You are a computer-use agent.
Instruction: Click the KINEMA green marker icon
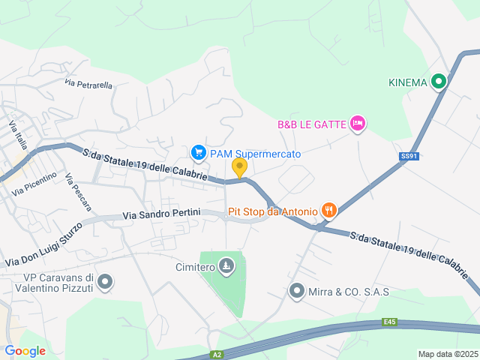coord(439,82)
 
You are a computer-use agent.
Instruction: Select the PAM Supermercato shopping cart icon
coord(199,153)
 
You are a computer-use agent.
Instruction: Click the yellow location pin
coord(239,168)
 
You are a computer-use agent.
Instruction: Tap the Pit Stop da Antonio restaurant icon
coord(328,211)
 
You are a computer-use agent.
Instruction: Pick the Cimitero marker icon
coord(226,266)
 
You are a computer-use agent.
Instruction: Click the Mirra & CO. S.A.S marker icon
coord(298,291)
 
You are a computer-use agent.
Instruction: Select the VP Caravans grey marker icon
coord(106,282)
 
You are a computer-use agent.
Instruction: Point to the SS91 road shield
coord(407,156)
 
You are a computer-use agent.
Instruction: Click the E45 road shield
coord(388,322)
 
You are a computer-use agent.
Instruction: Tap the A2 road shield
coord(217,354)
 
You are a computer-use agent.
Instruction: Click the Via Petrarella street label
coord(88,85)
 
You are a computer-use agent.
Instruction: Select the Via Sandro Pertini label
coord(161,214)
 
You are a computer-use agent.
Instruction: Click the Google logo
coord(25,351)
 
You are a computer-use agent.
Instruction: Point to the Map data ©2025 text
coord(448,354)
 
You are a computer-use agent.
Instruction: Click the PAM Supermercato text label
coord(255,154)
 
